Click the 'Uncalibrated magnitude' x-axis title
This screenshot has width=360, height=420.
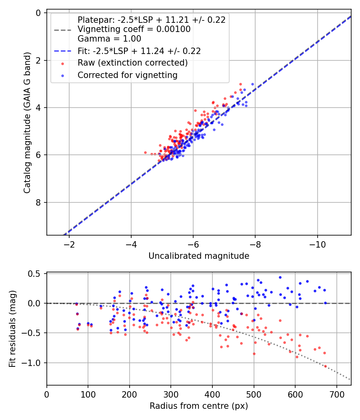199,256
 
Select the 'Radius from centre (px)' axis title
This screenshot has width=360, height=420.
199,406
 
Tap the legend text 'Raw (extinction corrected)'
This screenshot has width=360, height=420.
132,63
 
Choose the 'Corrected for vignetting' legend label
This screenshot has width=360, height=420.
128,75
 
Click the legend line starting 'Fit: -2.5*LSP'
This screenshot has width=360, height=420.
139,51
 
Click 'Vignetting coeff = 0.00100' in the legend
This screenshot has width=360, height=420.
134,29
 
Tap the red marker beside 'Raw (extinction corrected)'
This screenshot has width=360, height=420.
62,63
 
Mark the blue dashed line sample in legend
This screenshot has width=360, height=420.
62,51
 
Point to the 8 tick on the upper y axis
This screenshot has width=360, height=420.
38,202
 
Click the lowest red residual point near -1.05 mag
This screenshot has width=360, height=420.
325,366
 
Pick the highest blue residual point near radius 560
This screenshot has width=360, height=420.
280,277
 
